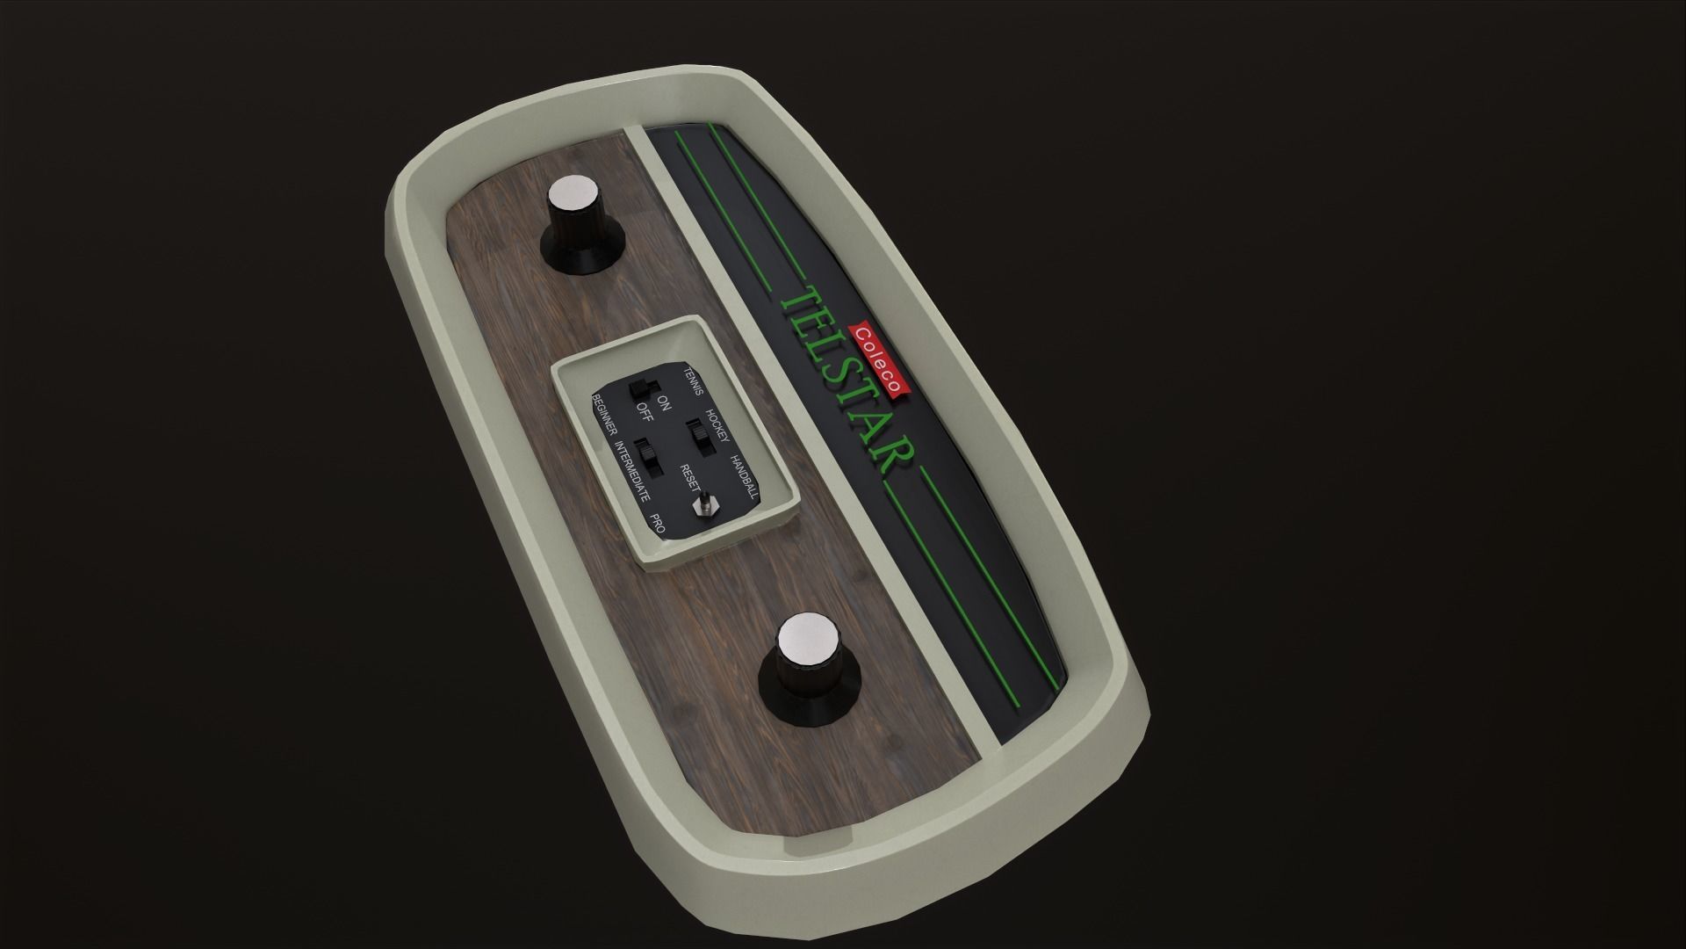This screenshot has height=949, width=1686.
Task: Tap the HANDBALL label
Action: click(746, 477)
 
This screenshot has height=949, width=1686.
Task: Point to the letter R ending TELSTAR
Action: click(896, 462)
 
